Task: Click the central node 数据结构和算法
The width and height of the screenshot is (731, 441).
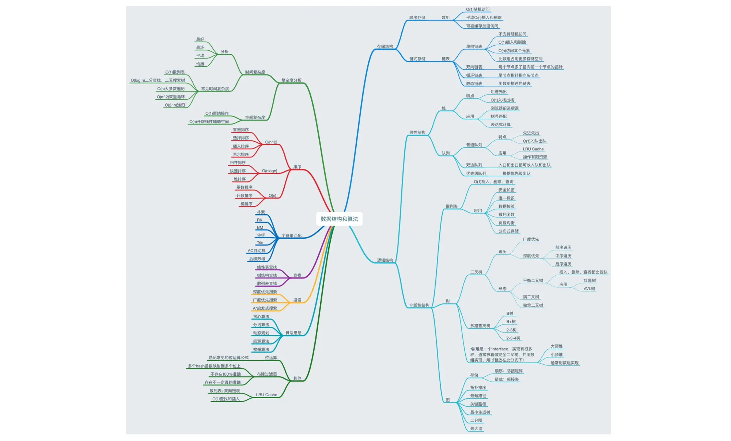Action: [339, 219]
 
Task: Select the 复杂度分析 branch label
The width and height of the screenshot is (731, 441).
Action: [291, 80]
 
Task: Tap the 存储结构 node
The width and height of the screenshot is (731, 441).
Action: [385, 47]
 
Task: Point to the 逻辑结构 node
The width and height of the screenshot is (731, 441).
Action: [385, 260]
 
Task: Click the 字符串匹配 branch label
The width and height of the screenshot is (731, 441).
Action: [291, 236]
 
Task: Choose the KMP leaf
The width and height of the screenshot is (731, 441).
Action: [261, 235]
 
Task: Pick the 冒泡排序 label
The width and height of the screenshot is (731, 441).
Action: [240, 130]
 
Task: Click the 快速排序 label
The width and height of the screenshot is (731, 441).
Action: [238, 171]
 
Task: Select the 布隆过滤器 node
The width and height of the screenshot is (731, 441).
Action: [267, 375]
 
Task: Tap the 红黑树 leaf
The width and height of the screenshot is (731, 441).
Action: [590, 281]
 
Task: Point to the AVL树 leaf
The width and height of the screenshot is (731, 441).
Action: [589, 289]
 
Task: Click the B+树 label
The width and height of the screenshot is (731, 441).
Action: [511, 322]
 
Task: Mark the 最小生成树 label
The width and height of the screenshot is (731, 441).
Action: [480, 413]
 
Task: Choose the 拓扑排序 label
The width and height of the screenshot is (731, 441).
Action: [478, 388]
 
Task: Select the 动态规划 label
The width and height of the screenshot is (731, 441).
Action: [261, 333]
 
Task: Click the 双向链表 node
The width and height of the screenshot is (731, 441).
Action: [474, 67]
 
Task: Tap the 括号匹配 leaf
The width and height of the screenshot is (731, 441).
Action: [499, 116]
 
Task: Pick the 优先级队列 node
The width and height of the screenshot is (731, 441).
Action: [476, 174]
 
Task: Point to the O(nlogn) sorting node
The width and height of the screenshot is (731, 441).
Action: [269, 171]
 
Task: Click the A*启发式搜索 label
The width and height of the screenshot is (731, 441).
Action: [265, 308]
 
